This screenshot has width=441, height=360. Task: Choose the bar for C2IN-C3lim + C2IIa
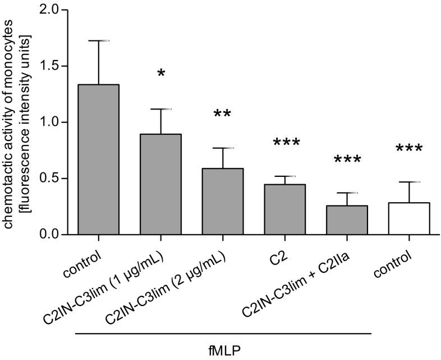pos(347,220)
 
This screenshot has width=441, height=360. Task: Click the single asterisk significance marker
pos(161,74)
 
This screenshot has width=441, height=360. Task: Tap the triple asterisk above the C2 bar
pos(285,144)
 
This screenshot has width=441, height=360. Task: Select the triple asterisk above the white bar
pos(409,150)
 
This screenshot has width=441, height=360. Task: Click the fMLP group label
pos(223,349)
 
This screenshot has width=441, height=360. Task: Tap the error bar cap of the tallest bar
pos(98,40)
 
